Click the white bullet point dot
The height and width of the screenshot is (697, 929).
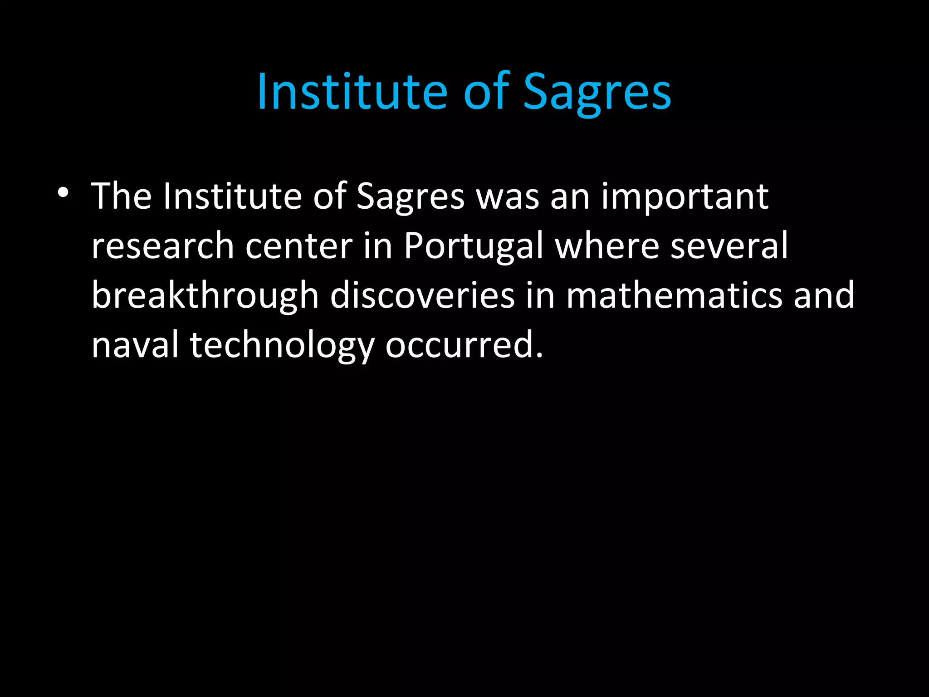pyautogui.click(x=63, y=193)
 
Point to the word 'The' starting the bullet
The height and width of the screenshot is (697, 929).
pyautogui.click(x=121, y=196)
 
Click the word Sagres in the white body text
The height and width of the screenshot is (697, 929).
pyautogui.click(x=410, y=196)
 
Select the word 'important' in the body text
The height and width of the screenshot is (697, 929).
pyautogui.click(x=685, y=196)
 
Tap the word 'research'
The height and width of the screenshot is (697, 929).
pyautogui.click(x=162, y=246)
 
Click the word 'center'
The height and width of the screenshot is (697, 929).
pyautogui.click(x=299, y=246)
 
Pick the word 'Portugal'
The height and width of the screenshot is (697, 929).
pyautogui.click(x=473, y=246)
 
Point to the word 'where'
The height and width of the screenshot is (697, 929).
pyautogui.click(x=607, y=246)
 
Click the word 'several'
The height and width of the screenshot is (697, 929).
pyautogui.click(x=729, y=246)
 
